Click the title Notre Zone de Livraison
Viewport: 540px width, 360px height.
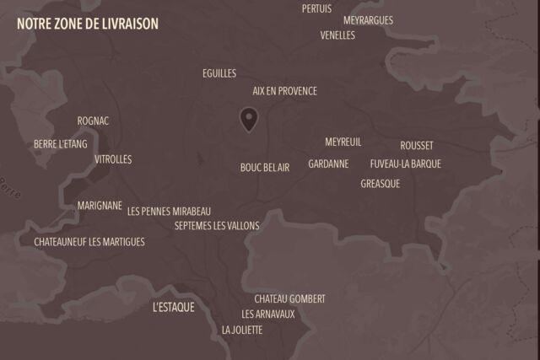pos(88,24)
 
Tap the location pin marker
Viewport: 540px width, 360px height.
pos(248,120)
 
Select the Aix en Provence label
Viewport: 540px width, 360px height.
pos(285,91)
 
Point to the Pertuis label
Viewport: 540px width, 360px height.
pos(316,8)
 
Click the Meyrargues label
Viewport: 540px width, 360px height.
pos(368,20)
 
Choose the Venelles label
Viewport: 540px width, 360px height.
pos(337,35)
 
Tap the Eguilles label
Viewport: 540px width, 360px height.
pos(219,73)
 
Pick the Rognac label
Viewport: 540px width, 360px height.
pos(93,121)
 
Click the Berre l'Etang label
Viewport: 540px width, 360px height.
pos(61,144)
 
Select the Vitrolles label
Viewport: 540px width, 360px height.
pos(113,159)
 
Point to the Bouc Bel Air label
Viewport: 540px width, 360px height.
pos(265,168)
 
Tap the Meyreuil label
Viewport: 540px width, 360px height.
pos(343,142)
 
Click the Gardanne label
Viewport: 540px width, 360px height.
pos(328,164)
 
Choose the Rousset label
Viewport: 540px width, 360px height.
pos(417,146)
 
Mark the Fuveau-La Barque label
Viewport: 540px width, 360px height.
pos(405,164)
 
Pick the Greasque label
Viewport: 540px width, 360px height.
pos(381,184)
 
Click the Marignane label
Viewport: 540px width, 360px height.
pos(100,206)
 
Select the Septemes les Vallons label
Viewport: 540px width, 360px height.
pos(217,226)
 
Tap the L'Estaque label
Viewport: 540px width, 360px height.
pos(174,308)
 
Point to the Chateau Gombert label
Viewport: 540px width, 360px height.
pos(289,299)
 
